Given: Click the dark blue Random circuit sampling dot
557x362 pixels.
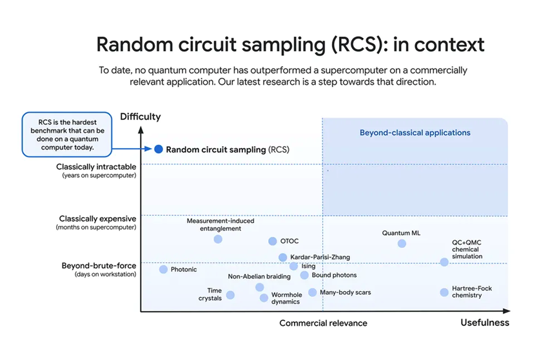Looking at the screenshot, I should pos(159,149).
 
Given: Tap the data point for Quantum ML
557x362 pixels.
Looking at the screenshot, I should pos(402,243).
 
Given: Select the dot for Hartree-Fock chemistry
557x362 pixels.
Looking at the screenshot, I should pos(444,292).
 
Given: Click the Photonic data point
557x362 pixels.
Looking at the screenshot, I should pos(163,269).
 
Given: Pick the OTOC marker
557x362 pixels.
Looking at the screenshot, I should pos(273,242).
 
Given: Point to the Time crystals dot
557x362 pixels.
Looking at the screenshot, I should pos(230,295).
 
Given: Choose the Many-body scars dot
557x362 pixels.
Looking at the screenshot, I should pos(313,292).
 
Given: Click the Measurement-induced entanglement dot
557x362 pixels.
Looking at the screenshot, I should pos(218,239).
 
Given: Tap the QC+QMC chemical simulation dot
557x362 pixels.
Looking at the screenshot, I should pos(444,262).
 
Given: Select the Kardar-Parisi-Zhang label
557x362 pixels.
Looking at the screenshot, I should pos(320,257).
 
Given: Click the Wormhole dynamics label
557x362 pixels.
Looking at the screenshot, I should pos(286,298).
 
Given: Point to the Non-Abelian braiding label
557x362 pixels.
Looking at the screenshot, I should pos(259,277).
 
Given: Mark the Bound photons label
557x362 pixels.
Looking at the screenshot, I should pos(334,276).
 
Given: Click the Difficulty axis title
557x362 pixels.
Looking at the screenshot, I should pos(141,117).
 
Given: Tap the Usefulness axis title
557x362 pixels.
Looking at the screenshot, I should pos(485,322).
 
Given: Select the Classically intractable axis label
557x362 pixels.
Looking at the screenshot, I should pos(96,167).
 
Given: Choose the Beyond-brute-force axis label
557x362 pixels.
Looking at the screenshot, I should pos(99,265).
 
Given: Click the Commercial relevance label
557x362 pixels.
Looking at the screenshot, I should pos(323,323).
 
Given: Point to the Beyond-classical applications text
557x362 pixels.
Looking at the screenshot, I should pos(415,133).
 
